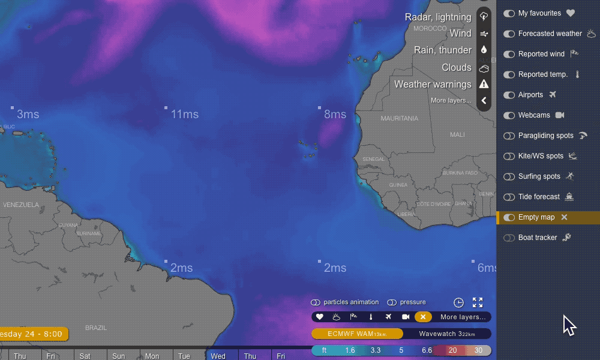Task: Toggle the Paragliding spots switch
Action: tap(509, 136)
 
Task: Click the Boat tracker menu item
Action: tap(538, 238)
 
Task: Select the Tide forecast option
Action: tap(539, 197)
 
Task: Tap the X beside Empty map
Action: tap(564, 217)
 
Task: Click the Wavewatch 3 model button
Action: tap(446, 334)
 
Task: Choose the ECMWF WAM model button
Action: tap(356, 334)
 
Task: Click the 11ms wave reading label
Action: tap(184, 114)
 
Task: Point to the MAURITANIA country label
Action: tap(400, 118)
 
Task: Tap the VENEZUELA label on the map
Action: tap(21, 205)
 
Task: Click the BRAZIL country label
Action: tap(96, 328)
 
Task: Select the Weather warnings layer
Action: tap(433, 85)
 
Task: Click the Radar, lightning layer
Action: tap(438, 17)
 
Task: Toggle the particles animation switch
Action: tap(316, 302)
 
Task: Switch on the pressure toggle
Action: tap(392, 302)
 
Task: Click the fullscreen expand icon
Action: tap(478, 302)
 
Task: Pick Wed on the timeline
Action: tap(218, 356)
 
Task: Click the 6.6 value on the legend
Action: tap(427, 350)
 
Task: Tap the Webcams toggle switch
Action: tap(509, 115)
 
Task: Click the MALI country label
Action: tap(457, 134)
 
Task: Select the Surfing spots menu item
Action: tap(539, 176)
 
